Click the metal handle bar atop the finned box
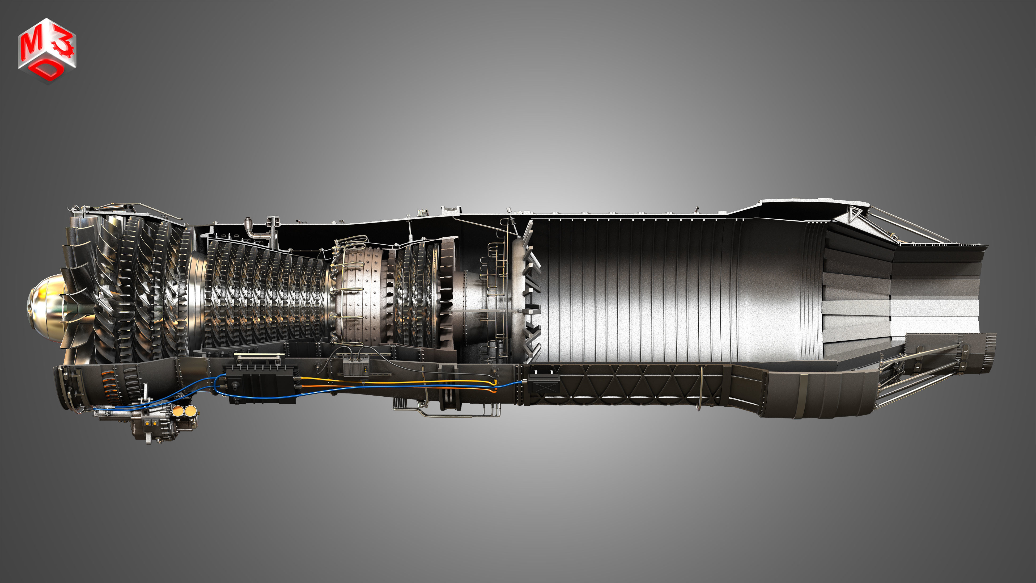pyautogui.click(x=260, y=356)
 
